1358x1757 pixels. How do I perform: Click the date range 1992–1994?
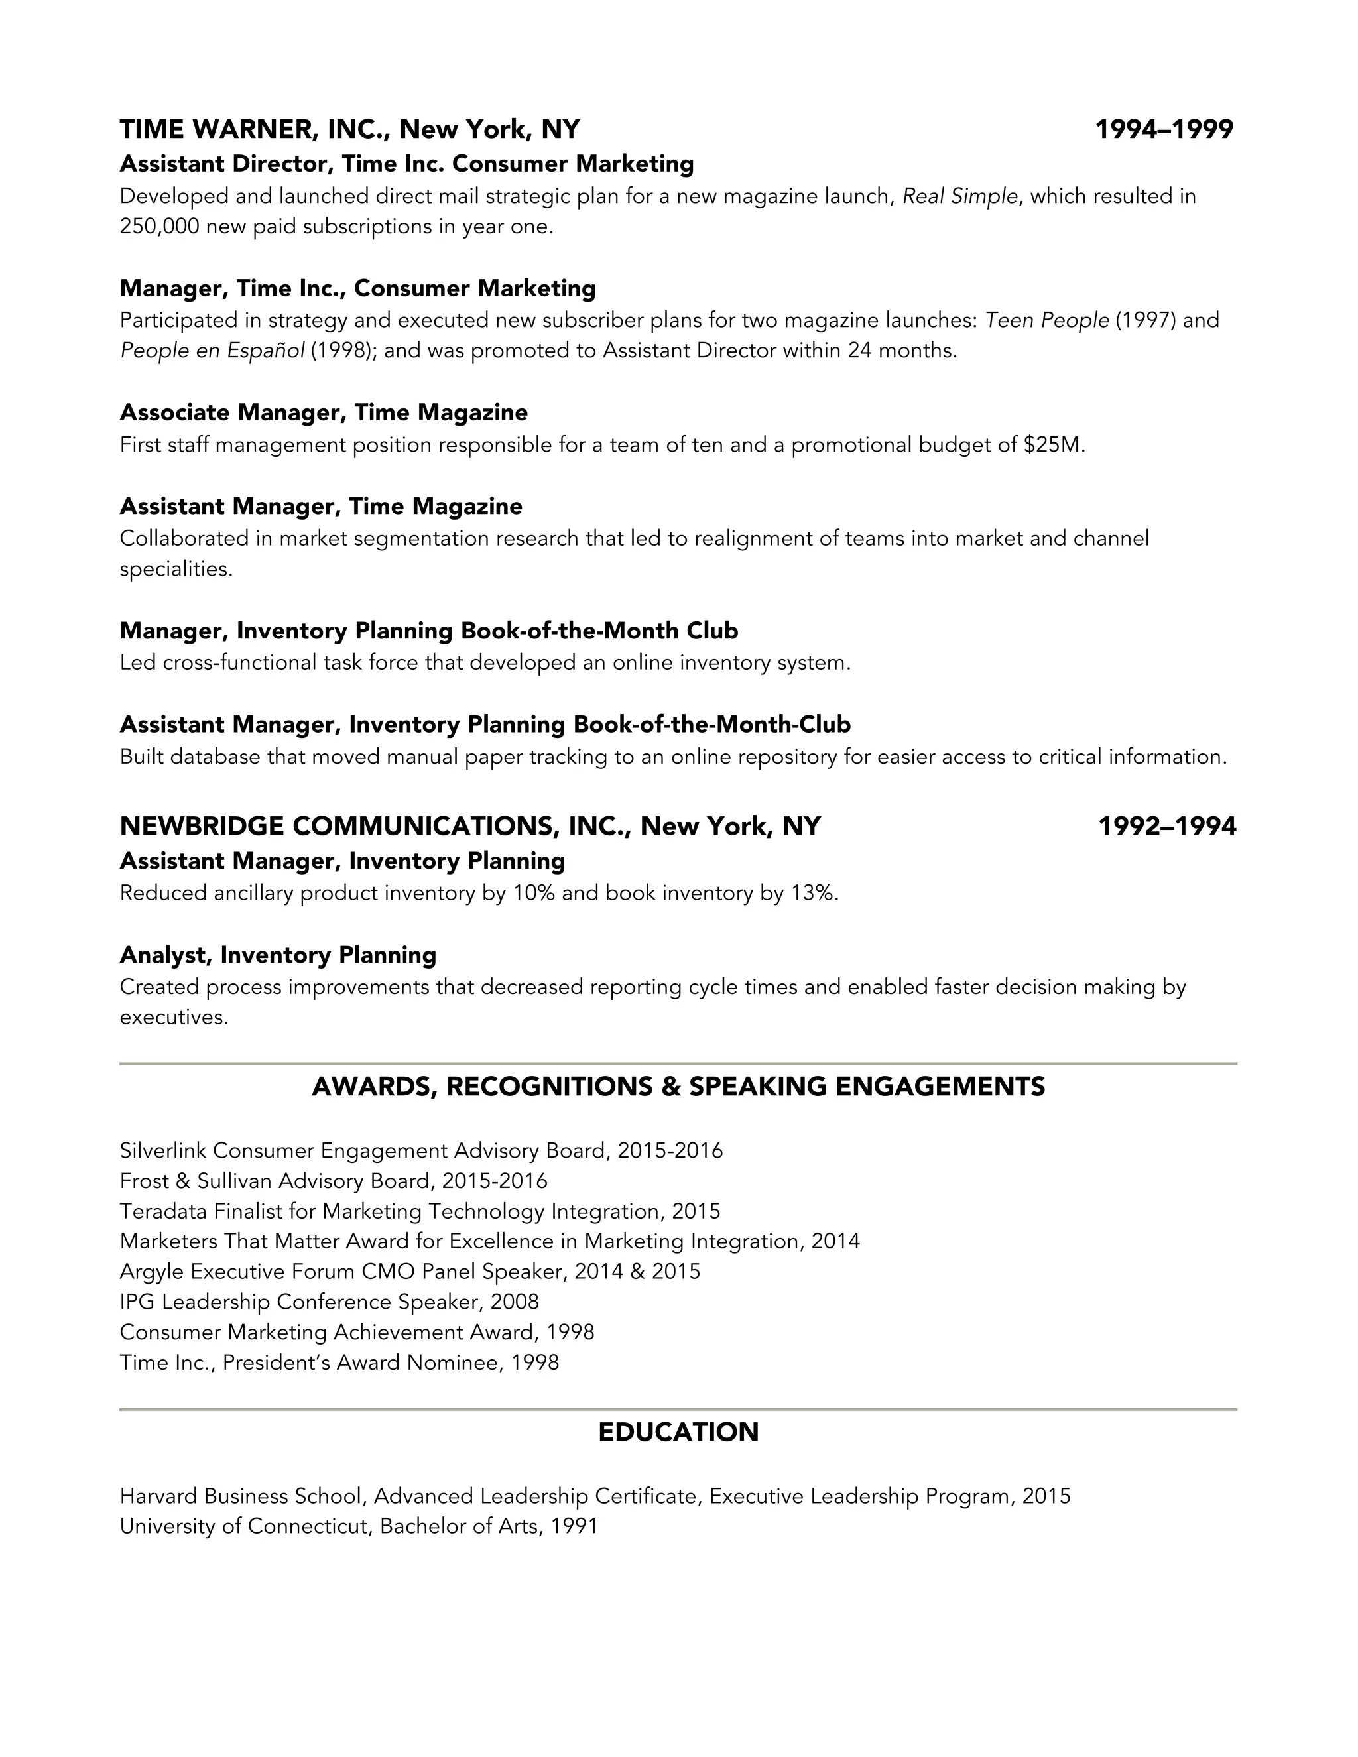1166,826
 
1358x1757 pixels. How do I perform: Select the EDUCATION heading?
678,1432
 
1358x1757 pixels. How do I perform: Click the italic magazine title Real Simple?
959,196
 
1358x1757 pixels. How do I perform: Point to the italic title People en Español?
212,351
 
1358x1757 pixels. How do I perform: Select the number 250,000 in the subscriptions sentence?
159,227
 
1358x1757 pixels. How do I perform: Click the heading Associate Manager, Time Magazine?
324,412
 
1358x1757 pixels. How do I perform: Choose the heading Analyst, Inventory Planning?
278,955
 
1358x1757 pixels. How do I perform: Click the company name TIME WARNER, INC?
251,129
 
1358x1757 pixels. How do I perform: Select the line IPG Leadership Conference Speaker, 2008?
329,1302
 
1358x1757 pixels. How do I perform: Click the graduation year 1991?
574,1526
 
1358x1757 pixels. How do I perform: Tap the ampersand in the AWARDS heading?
671,1087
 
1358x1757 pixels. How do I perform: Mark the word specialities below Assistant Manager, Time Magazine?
175,570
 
